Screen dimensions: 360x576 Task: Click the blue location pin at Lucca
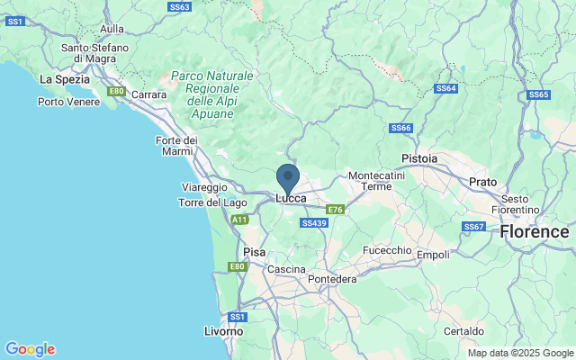click(x=288, y=177)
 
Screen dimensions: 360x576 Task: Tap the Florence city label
click(x=535, y=231)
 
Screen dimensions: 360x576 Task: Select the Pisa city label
click(x=255, y=252)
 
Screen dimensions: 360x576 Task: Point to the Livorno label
click(x=223, y=331)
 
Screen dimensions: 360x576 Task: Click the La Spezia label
click(x=64, y=79)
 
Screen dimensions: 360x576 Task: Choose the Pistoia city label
click(x=419, y=158)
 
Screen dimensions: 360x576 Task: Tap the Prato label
click(x=483, y=182)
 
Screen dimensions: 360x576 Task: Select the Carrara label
click(x=148, y=94)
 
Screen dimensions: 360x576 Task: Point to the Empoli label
click(x=433, y=255)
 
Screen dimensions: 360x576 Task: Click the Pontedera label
click(x=332, y=279)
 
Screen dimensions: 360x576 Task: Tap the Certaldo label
click(x=464, y=331)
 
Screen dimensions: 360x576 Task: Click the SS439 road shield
click(x=314, y=222)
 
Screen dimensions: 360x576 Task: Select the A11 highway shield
click(x=238, y=219)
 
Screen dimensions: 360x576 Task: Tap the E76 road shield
click(x=335, y=209)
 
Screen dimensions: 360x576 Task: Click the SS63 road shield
click(x=180, y=6)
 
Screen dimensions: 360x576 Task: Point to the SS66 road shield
click(x=400, y=129)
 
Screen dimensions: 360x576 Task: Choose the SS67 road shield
click(x=473, y=226)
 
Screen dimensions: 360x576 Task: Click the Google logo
click(x=30, y=349)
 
